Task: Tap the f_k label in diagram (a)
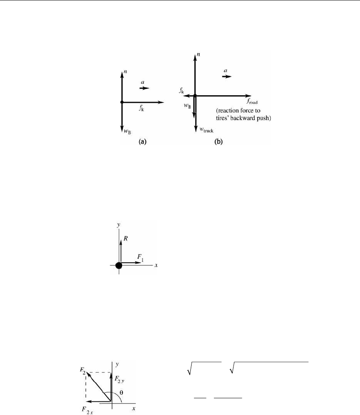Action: click(142, 107)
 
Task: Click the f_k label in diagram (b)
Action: click(182, 91)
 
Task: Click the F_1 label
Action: click(141, 259)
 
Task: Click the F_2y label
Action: click(120, 379)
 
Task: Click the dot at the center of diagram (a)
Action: click(122, 102)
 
